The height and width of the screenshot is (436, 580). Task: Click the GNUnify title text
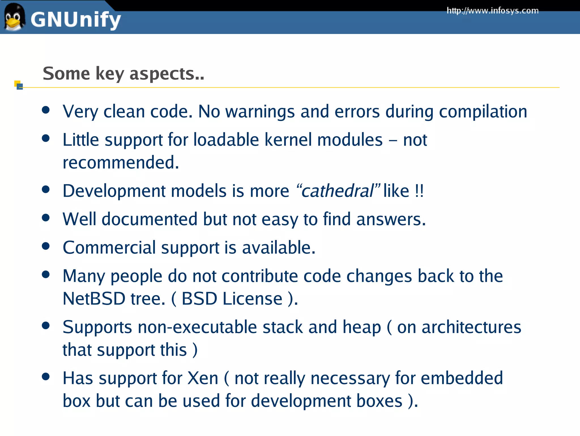[x=76, y=20]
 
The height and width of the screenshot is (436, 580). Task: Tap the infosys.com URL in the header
[x=492, y=11]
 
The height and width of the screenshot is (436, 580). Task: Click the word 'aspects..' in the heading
[x=167, y=74]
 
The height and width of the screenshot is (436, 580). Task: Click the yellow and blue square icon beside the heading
[x=18, y=85]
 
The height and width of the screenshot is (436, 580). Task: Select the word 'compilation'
[x=483, y=112]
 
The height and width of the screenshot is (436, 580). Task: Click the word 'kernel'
[x=288, y=140]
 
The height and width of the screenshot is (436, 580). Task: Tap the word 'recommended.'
[x=121, y=163]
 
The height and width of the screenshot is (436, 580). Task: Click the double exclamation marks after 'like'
[x=419, y=191]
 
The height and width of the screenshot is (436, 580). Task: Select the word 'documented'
[x=150, y=219]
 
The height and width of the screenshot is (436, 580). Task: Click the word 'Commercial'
[x=109, y=248]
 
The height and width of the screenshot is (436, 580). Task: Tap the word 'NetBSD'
[x=94, y=299]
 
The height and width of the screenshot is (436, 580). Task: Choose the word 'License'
[x=252, y=299]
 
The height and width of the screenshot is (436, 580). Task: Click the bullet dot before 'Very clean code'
[x=46, y=110]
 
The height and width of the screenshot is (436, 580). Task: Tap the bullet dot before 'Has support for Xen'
[x=46, y=377]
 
